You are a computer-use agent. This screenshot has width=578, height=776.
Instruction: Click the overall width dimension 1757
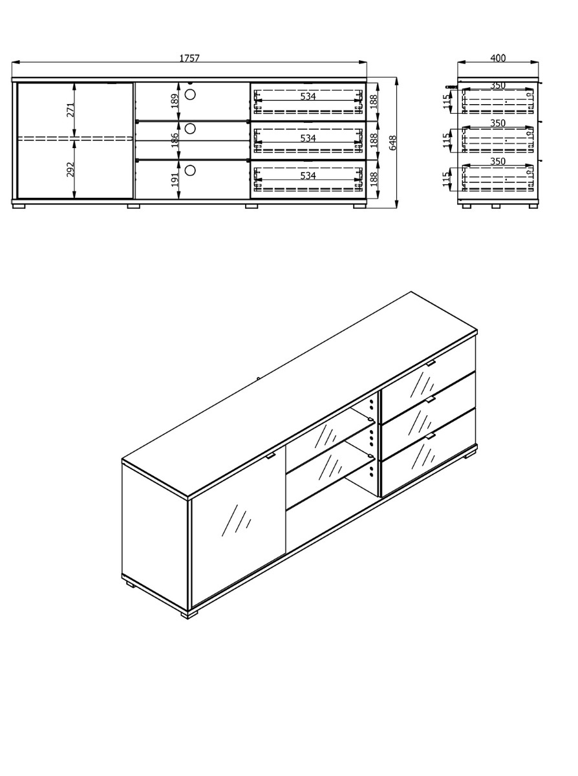[189, 58]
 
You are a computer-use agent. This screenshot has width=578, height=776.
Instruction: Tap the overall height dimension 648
[392, 143]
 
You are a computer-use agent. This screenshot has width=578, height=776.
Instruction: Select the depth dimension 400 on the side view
[498, 58]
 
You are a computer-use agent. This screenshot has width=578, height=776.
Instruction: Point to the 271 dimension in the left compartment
[70, 110]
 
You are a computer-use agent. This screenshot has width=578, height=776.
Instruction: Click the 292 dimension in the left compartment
[70, 169]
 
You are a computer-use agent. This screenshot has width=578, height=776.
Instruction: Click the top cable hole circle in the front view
[189, 94]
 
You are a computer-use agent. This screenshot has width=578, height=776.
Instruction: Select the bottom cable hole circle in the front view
[189, 170]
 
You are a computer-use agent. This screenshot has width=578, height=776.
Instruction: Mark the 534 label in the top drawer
[308, 96]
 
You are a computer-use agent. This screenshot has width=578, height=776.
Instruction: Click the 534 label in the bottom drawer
[308, 175]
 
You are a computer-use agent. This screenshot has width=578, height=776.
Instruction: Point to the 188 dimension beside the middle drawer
[374, 140]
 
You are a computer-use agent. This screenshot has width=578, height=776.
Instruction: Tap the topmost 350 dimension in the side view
[498, 85]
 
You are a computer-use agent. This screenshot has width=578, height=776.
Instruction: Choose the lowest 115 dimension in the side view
[445, 179]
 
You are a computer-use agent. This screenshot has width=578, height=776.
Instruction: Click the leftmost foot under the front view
[19, 206]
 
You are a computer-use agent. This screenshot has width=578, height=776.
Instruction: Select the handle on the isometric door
[270, 456]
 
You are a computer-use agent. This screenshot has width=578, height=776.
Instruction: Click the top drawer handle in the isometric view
[430, 363]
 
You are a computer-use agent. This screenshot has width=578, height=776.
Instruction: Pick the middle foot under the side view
[495, 206]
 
